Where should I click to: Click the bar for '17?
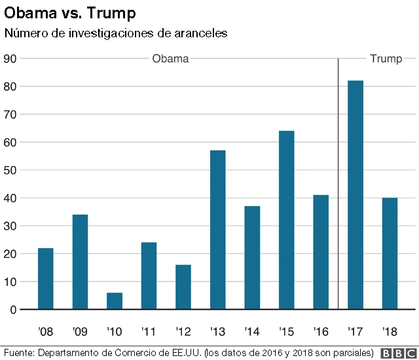355,195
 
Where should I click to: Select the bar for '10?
115,301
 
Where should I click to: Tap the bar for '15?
287,220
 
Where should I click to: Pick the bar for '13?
218,230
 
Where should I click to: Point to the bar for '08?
46,279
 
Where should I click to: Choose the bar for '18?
390,253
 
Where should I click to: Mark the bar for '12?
183,287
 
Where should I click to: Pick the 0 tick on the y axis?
13,310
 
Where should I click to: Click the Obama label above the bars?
170,59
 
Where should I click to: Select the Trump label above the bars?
386,59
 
